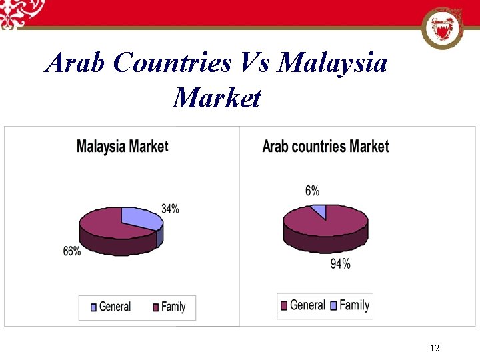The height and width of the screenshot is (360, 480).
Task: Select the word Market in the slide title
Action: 217,98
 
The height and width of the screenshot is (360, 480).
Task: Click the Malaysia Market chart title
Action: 122,146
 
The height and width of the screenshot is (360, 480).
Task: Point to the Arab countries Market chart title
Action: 325,146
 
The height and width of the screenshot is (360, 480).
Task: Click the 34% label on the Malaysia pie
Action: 170,209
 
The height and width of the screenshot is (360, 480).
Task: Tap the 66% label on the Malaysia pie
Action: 72,251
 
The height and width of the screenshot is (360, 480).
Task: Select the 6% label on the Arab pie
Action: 312,191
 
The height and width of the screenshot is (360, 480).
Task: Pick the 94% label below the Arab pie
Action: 340,265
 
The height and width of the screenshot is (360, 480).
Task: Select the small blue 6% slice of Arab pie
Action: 319,211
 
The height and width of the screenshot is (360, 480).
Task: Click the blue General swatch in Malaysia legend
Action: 93,307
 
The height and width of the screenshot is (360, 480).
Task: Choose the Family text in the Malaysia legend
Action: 173,307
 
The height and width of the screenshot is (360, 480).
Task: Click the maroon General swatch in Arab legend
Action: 283,305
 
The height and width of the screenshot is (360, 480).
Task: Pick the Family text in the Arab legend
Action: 354,305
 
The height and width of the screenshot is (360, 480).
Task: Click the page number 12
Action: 435,348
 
